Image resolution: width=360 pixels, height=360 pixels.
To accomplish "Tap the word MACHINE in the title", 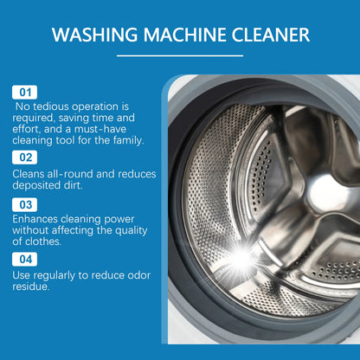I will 181,36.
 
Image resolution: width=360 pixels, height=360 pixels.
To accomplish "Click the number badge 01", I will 24,92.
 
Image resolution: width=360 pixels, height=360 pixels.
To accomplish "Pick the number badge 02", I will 24,157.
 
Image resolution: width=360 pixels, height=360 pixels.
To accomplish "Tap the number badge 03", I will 24,204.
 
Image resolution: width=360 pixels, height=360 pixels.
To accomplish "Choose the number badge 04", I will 24,259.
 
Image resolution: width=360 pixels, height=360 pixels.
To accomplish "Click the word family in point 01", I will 125,139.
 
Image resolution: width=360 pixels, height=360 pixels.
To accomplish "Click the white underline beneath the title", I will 180,55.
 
